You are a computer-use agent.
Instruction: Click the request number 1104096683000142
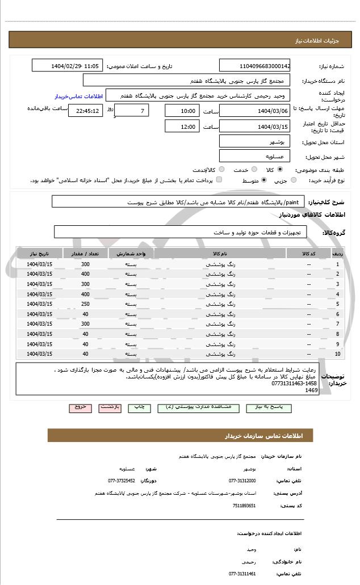(x=254, y=66)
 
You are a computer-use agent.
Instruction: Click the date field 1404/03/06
(x=254, y=111)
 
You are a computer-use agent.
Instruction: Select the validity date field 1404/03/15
(x=254, y=127)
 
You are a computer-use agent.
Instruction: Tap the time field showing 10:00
(x=182, y=111)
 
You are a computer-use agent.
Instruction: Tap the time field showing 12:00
(x=182, y=127)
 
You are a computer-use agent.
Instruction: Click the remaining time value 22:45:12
(x=85, y=111)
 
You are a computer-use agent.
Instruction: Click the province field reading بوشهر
(x=254, y=141)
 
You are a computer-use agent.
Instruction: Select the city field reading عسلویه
(x=254, y=155)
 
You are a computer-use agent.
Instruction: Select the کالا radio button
(x=280, y=169)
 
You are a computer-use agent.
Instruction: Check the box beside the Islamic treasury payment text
(x=219, y=180)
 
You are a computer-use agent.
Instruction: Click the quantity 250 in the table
(x=85, y=304)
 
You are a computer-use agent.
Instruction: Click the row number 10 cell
(x=338, y=354)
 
